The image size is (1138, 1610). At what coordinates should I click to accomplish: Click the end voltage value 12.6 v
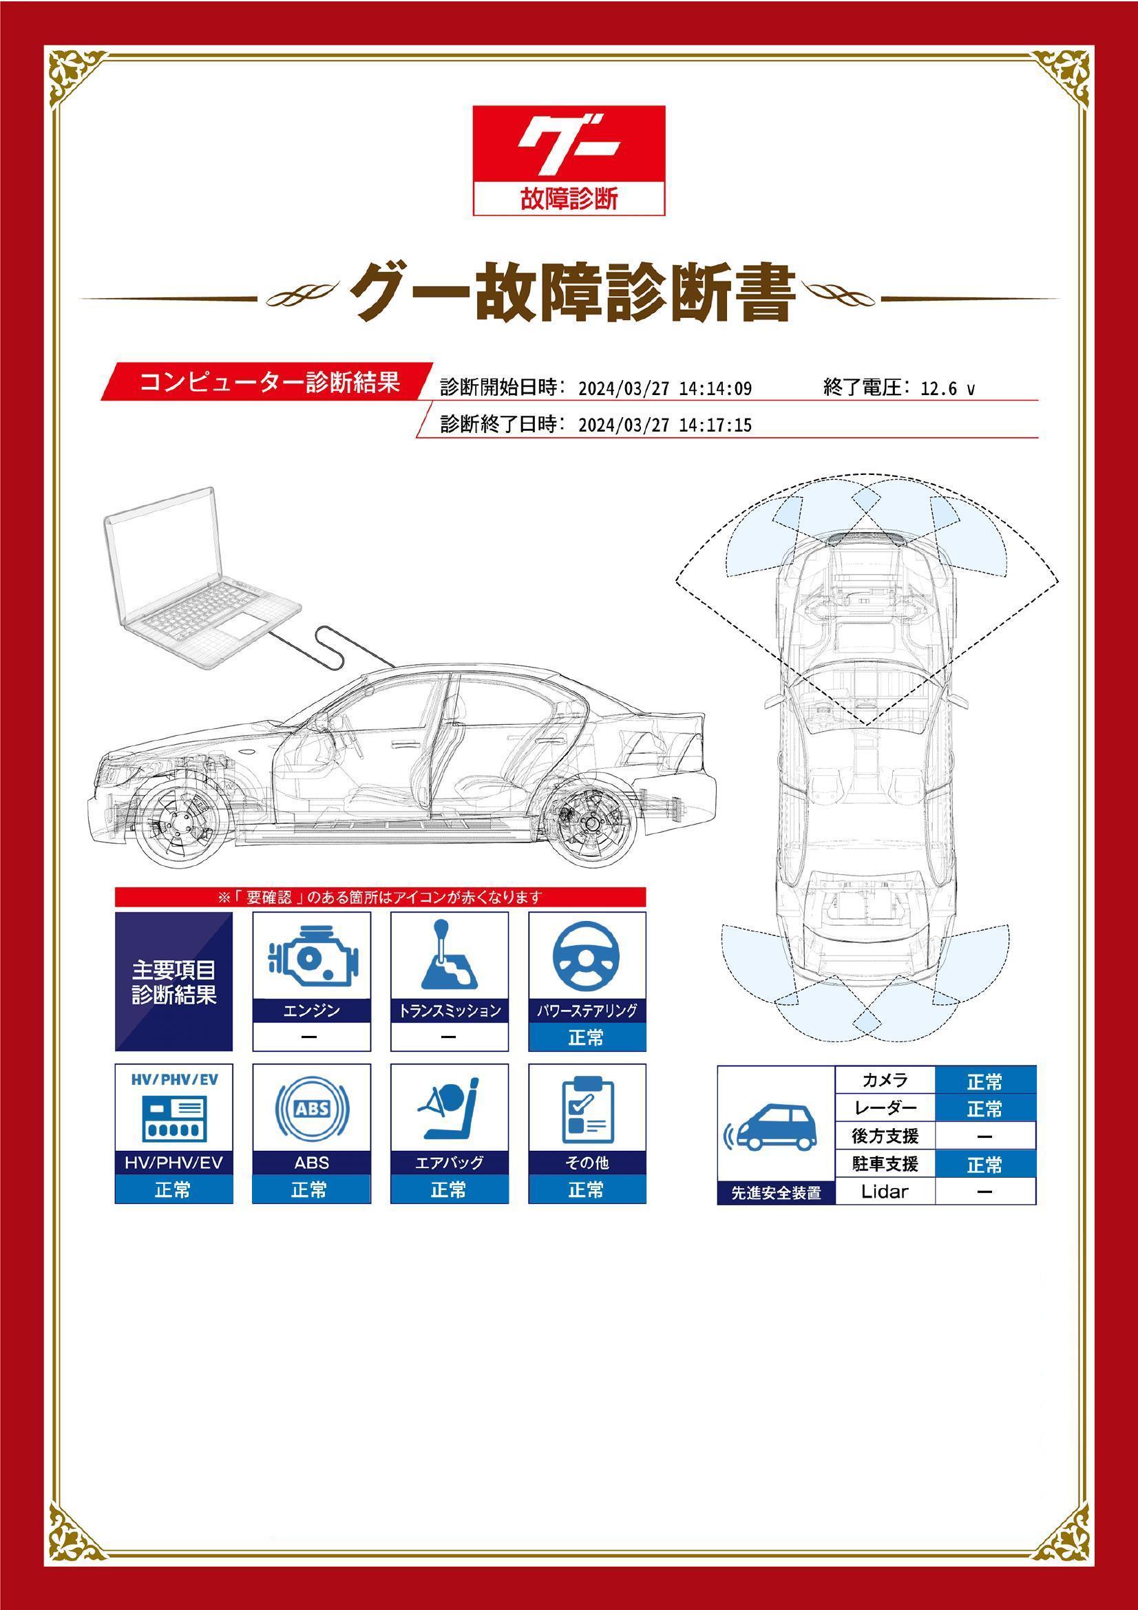pos(947,388)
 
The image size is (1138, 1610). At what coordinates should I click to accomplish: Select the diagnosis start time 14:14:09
pos(716,388)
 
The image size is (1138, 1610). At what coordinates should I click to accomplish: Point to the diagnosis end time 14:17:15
pos(716,425)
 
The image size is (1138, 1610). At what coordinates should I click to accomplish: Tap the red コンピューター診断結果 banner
pos(266,382)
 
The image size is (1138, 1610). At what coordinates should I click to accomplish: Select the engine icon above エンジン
pos(311,957)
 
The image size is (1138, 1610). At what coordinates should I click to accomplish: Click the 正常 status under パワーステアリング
pos(586,1037)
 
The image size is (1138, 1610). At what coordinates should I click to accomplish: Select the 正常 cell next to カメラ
pos(984,1082)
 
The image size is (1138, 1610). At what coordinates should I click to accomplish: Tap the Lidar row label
pos(885,1191)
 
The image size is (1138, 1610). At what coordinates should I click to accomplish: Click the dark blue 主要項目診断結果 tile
pos(173,982)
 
